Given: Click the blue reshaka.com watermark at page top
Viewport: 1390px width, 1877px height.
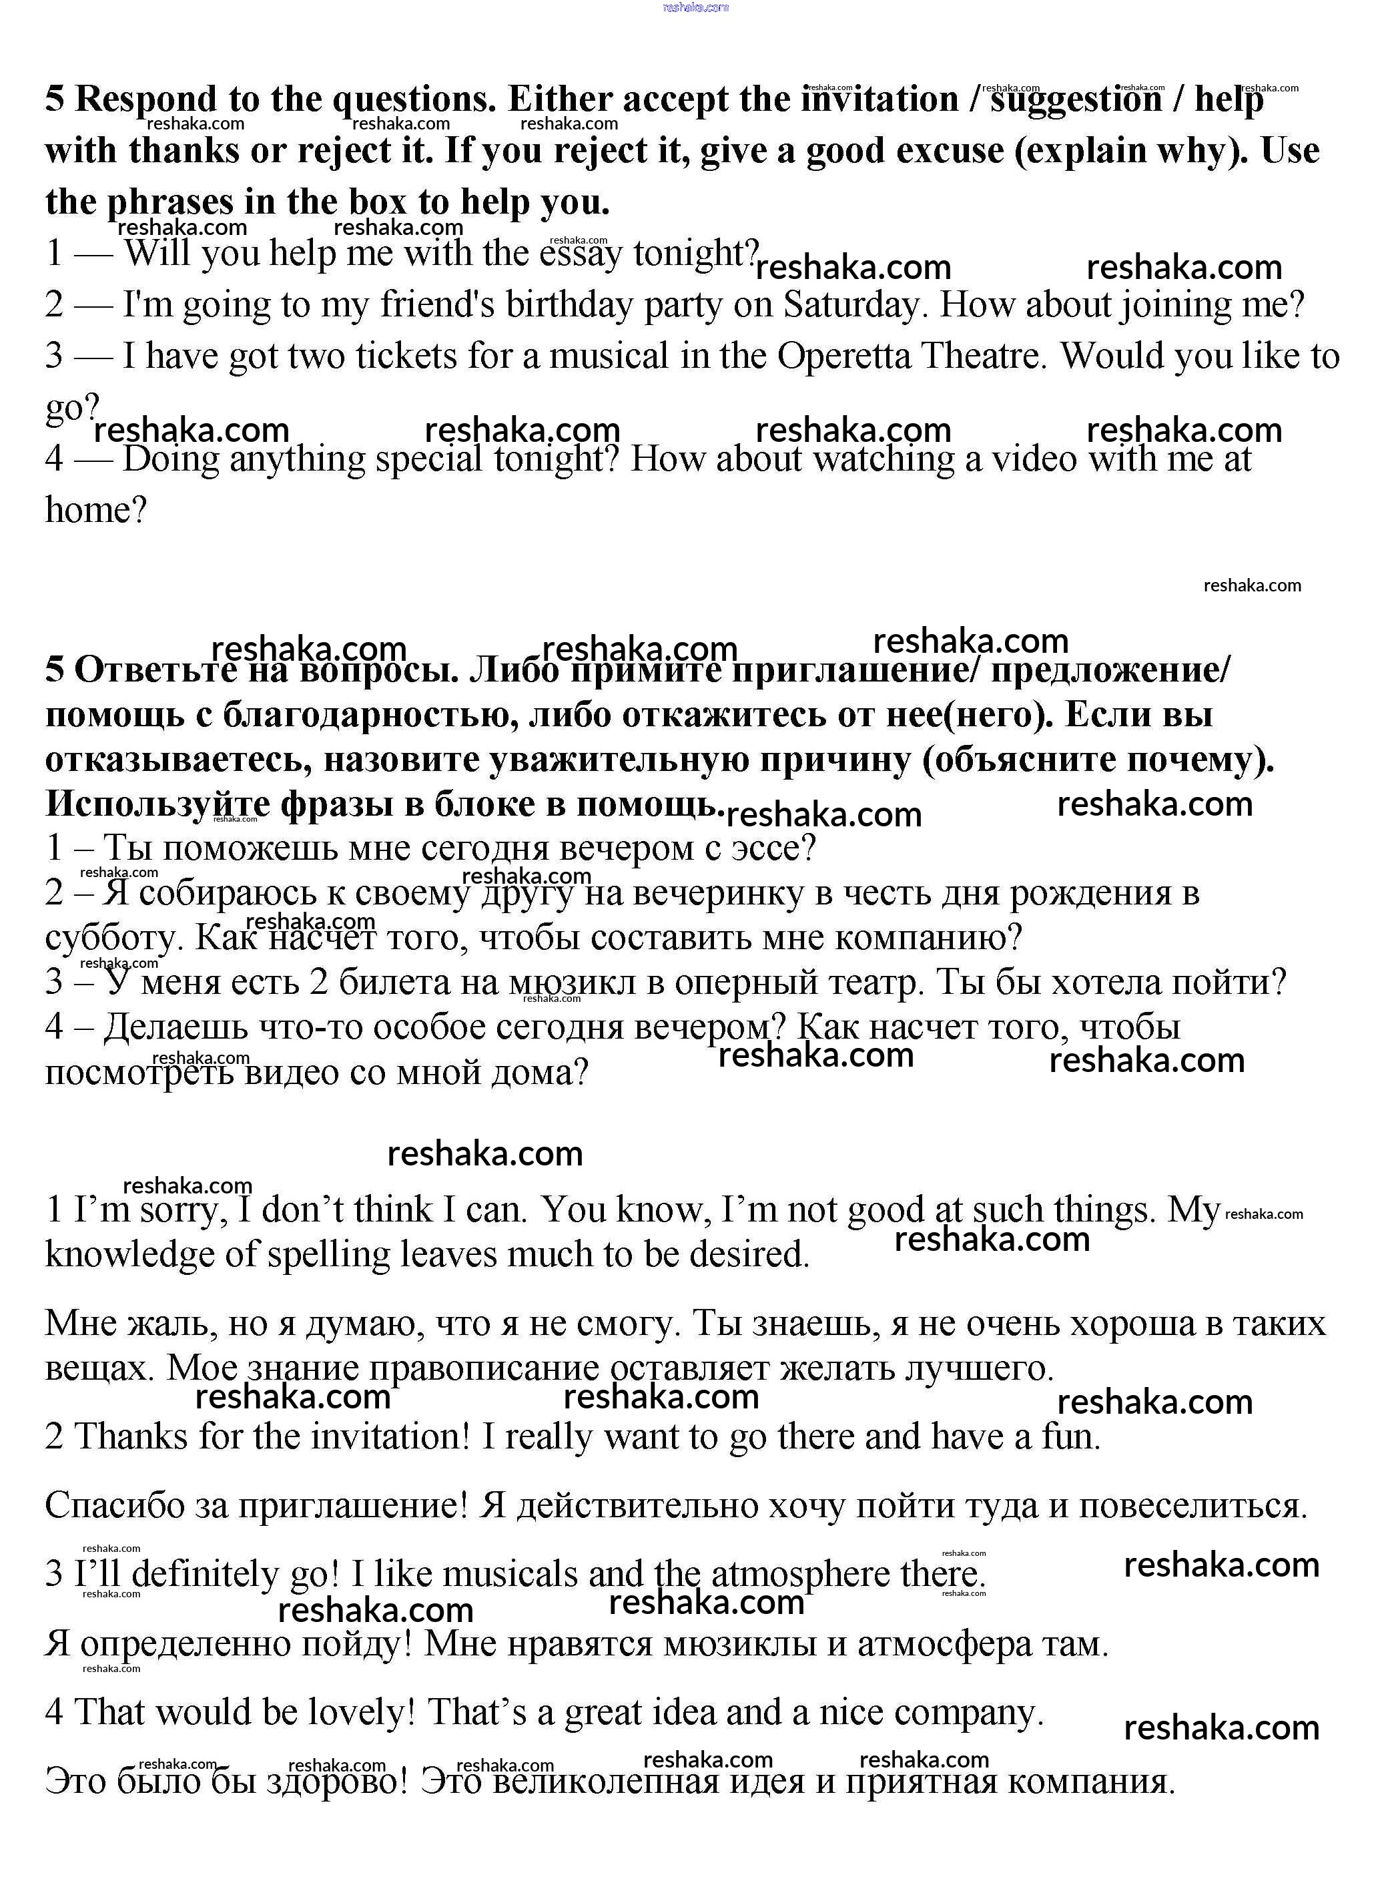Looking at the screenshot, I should click(x=695, y=7).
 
